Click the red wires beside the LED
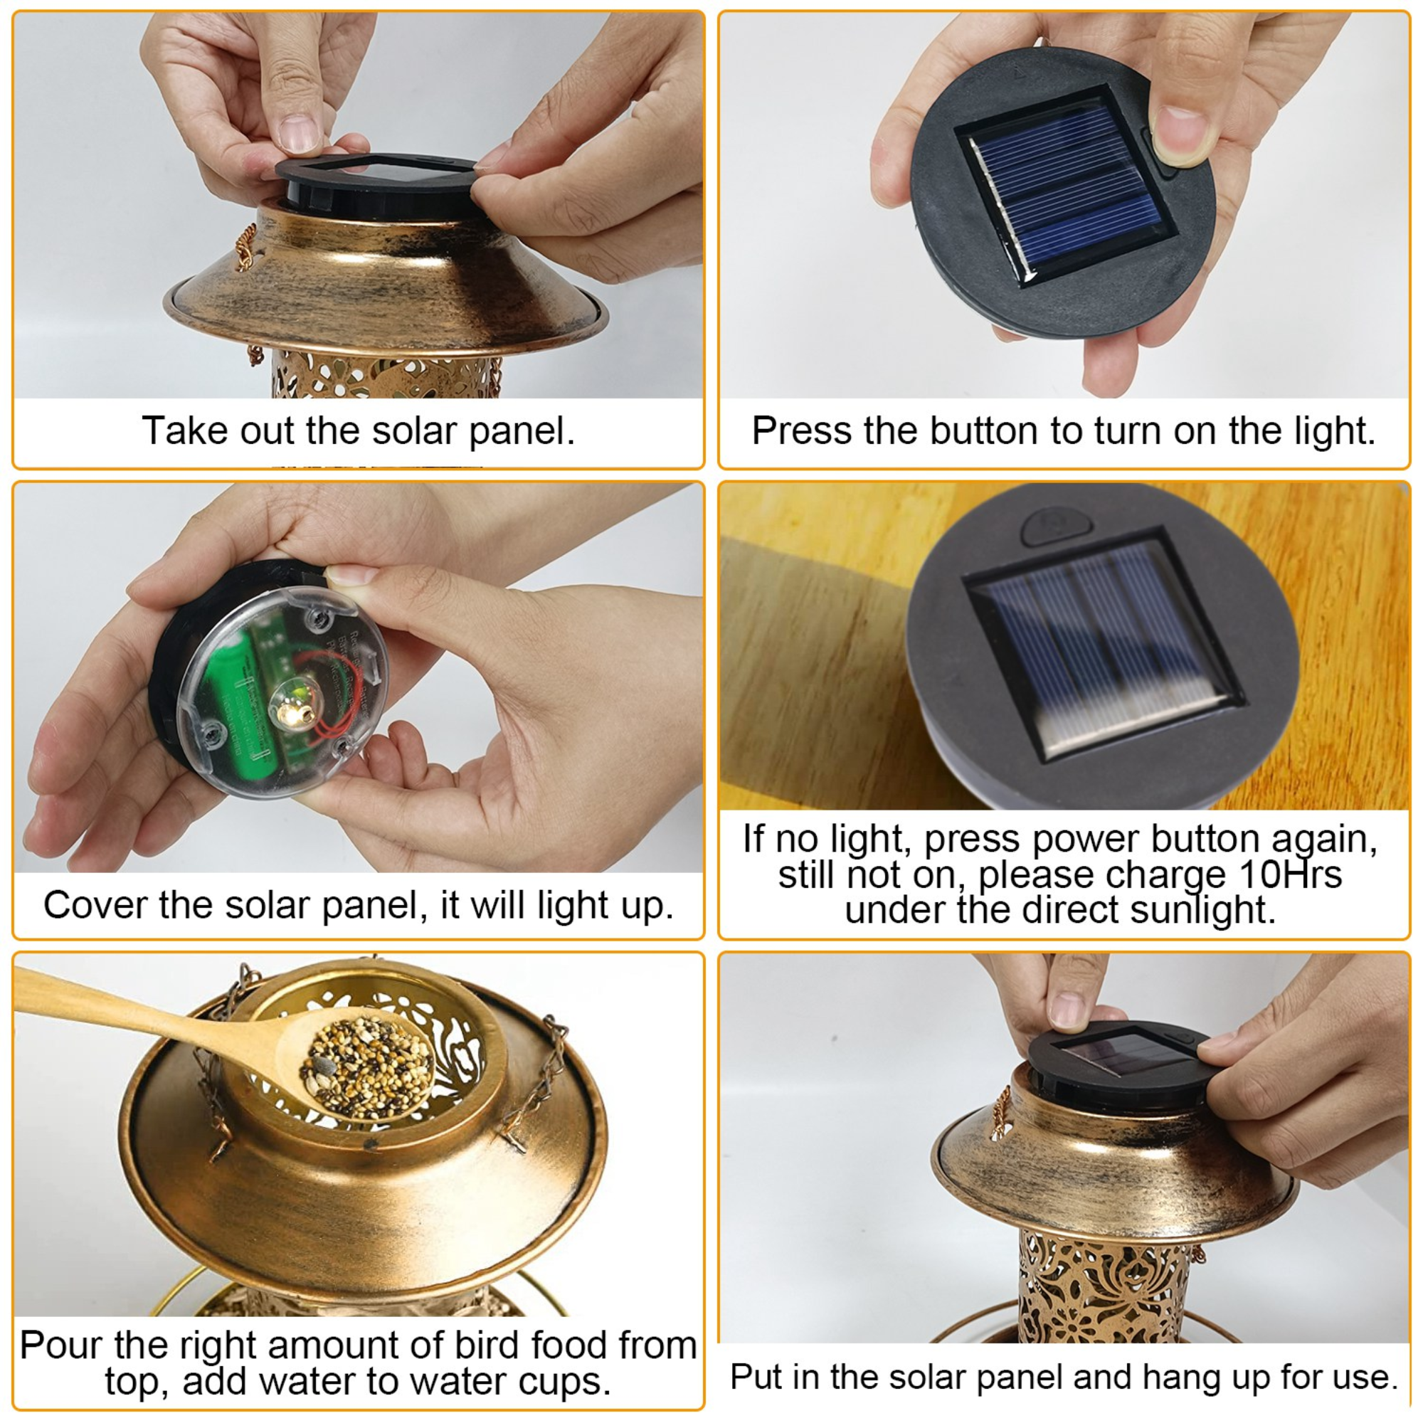point(329,718)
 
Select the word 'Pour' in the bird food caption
point(60,1345)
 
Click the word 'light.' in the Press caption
point(1335,431)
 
